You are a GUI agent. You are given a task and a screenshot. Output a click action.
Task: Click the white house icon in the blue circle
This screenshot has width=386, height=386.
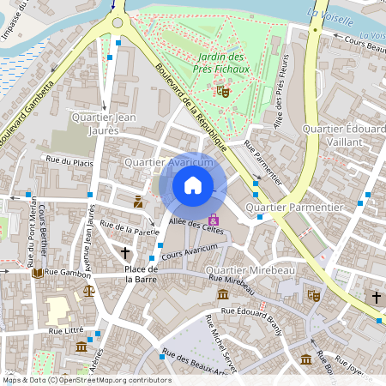click(193, 185)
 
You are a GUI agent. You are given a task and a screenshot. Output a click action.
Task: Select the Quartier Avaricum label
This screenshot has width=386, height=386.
click(168, 162)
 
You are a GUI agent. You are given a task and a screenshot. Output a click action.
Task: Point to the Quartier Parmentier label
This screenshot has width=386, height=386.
click(293, 208)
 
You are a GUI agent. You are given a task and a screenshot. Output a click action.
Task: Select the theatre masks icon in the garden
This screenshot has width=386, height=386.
click(223, 89)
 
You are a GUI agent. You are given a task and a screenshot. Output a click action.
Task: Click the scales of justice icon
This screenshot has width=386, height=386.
click(89, 291)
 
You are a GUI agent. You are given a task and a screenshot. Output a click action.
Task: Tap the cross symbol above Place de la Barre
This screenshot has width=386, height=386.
click(126, 253)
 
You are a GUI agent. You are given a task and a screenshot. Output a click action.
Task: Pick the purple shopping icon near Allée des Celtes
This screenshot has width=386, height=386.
click(214, 221)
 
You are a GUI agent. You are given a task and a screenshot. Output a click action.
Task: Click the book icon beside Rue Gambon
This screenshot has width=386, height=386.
click(37, 273)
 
